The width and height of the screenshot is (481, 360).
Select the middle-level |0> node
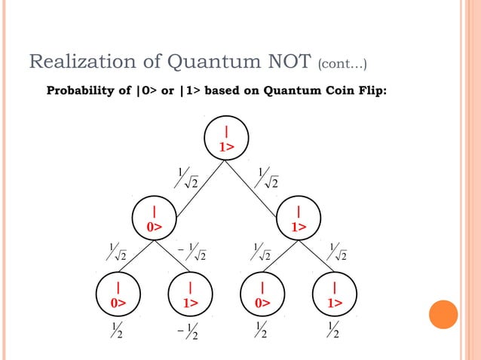point(154,218)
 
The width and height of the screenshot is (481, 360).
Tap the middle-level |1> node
point(299,218)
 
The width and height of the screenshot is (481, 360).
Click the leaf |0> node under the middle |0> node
point(118,294)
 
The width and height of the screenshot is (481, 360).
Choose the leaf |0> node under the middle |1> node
point(262,294)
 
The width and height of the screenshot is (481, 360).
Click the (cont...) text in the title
point(343,63)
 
